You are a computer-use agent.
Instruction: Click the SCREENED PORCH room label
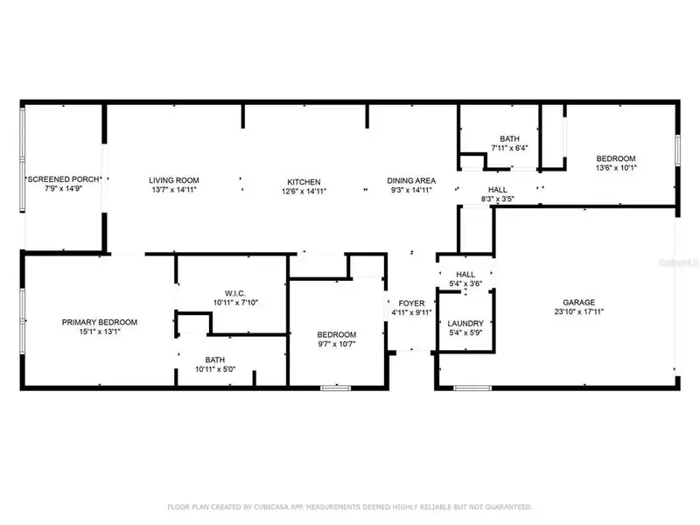click(x=63, y=179)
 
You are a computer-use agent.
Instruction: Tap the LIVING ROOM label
click(x=170, y=179)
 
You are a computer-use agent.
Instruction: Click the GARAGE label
click(x=580, y=302)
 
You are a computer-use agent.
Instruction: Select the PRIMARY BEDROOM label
click(x=100, y=322)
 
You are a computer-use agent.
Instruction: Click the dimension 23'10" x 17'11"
click(x=580, y=311)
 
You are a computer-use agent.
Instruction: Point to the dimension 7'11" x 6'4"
click(x=509, y=148)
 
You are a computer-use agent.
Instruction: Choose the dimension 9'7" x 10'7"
click(x=336, y=344)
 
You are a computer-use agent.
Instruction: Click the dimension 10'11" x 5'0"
click(x=214, y=369)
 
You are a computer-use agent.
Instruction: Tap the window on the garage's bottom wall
click(x=472, y=387)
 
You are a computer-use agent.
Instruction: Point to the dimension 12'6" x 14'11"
click(x=301, y=191)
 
